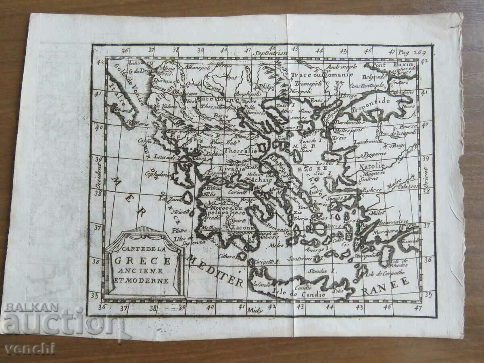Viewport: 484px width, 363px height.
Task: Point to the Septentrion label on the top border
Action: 270,52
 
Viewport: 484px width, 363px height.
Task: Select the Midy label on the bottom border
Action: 257,310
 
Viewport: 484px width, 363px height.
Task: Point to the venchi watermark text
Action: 30,348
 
